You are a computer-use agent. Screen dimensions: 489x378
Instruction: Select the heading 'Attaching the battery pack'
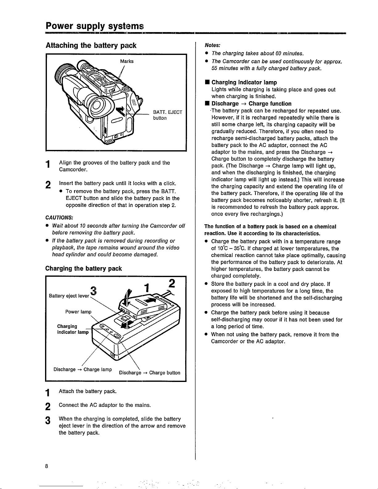(x=91, y=46)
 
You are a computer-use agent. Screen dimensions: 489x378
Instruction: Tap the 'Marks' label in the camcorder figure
(x=127, y=61)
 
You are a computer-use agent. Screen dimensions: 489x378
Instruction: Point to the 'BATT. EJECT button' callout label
(x=168, y=115)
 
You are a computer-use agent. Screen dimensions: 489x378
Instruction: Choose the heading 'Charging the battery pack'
(x=84, y=268)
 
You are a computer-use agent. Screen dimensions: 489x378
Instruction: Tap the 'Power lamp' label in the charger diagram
(x=78, y=312)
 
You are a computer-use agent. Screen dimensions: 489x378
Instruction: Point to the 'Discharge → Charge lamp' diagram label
(x=82, y=369)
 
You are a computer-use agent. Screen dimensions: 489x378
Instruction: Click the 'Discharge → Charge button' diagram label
(x=149, y=372)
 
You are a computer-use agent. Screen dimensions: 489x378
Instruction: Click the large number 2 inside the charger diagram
(x=172, y=284)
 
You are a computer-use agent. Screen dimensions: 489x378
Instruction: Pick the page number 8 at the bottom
(x=46, y=466)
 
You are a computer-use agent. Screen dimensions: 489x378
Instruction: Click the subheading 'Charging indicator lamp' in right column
(x=244, y=82)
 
